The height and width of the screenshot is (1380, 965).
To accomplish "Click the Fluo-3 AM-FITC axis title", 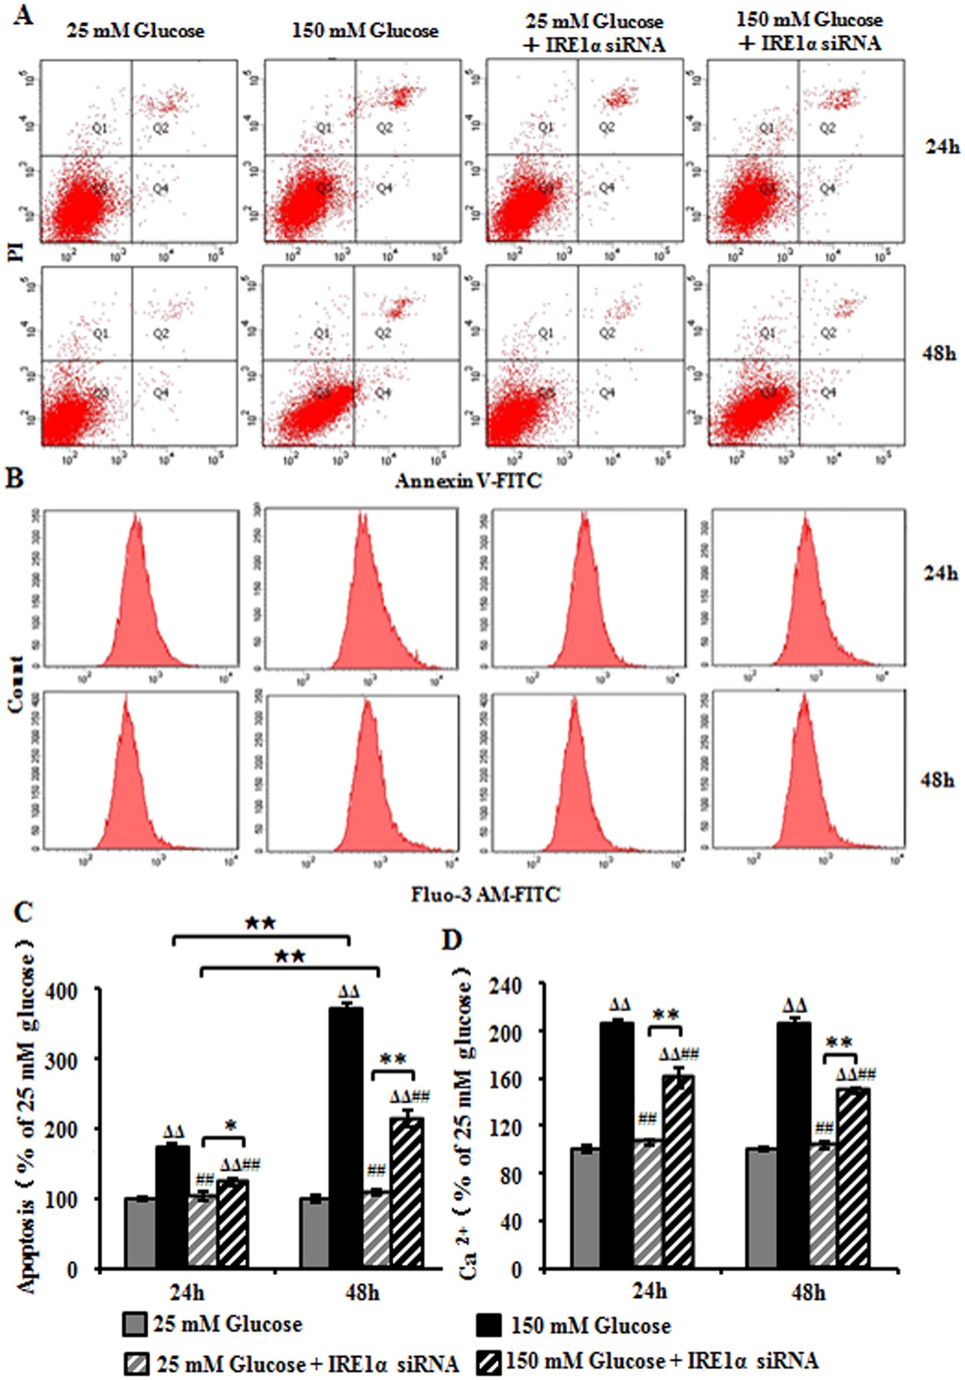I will pos(485,895).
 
